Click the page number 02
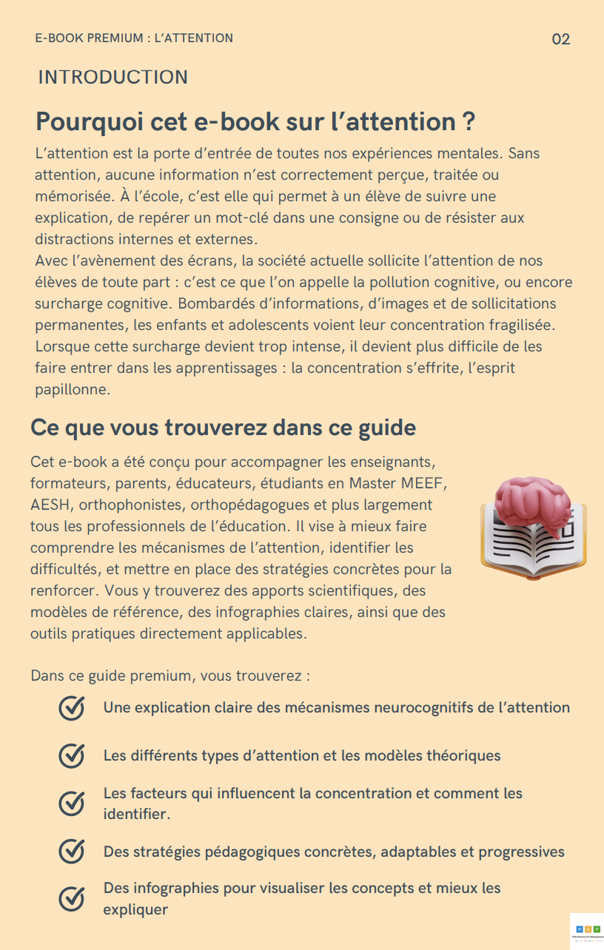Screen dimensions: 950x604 [561, 39]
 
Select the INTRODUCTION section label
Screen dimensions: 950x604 [113, 78]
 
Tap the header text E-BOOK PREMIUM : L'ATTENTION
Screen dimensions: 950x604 [134, 38]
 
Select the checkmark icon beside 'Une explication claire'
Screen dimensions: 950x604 [71, 708]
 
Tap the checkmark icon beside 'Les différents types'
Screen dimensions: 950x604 [71, 756]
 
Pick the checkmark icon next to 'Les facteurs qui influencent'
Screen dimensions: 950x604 [71, 804]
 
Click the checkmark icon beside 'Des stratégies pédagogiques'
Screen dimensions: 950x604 [71, 852]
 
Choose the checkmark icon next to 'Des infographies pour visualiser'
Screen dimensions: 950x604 [71, 898]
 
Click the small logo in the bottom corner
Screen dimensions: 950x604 [587, 931]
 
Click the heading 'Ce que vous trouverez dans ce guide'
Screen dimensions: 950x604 [223, 428]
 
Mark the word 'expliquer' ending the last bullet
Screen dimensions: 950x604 [135, 909]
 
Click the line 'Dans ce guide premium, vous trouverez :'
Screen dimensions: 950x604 [170, 676]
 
